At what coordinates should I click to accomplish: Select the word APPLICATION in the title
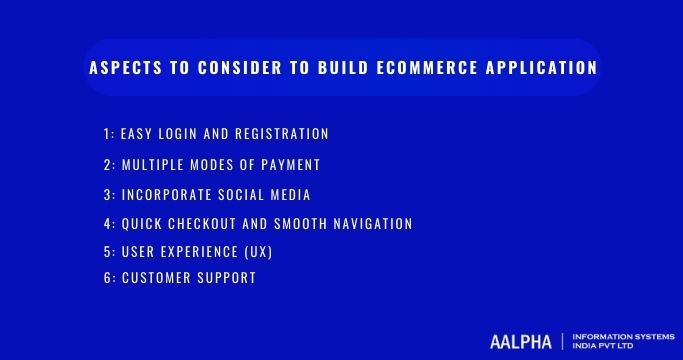click(541, 69)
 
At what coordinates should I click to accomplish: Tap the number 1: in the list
click(108, 134)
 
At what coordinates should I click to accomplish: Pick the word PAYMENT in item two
click(284, 164)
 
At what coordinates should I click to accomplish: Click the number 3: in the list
click(109, 194)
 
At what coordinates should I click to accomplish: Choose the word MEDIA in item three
click(291, 194)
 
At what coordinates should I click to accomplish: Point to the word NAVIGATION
click(368, 224)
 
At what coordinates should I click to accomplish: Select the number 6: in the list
click(109, 278)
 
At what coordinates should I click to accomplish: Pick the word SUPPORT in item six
click(225, 278)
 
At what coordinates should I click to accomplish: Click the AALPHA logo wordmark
click(521, 341)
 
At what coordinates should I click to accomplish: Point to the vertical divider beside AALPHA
click(563, 341)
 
